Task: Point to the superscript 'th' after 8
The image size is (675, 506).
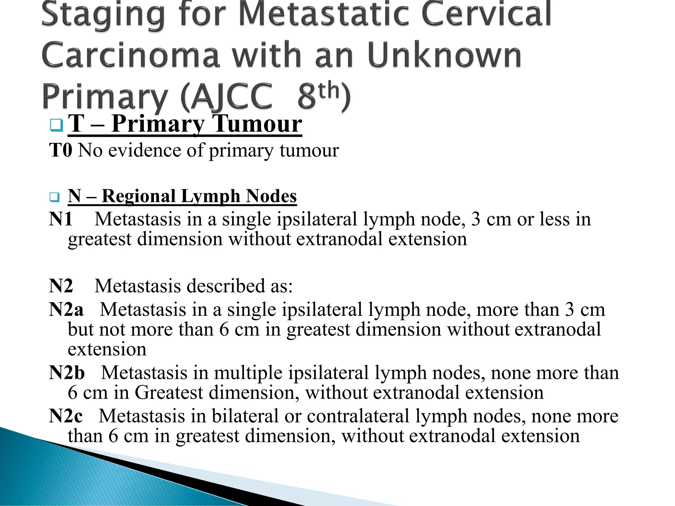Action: click(x=328, y=90)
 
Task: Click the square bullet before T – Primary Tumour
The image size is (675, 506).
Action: click(x=56, y=125)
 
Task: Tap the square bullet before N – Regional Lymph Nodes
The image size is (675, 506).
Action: click(x=54, y=197)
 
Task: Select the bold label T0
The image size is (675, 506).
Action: click(x=61, y=150)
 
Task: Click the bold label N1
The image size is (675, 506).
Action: click(x=61, y=219)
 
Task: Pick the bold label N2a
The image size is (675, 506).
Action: click(x=66, y=309)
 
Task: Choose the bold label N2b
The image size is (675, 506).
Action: click(x=67, y=373)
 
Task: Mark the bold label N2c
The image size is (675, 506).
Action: click(x=66, y=416)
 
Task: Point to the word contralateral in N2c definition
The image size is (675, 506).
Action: click(x=358, y=416)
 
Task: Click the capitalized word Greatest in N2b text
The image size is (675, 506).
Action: click(x=168, y=392)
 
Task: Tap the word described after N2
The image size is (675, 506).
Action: click(x=226, y=286)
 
